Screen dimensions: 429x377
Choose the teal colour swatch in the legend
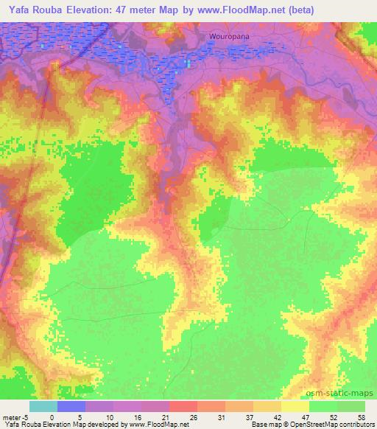[x=43, y=406]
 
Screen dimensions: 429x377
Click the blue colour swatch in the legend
[x=71, y=406]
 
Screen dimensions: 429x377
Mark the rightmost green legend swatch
[x=351, y=406]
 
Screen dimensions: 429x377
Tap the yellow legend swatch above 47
[x=295, y=406]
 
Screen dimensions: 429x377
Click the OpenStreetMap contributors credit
[x=333, y=425]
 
